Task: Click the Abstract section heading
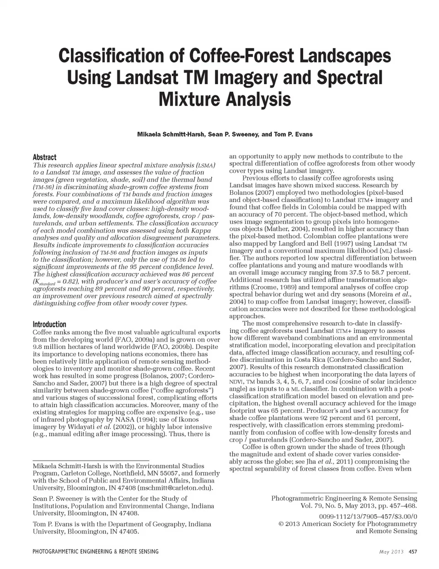click(44, 157)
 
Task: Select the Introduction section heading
click(49, 324)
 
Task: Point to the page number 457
click(412, 552)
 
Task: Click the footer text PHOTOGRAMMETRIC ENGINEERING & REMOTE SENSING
click(96, 552)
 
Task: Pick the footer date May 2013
click(391, 552)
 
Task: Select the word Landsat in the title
click(149, 77)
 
